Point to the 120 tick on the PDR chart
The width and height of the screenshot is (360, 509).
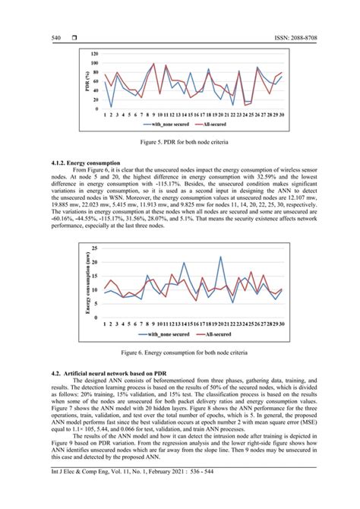(94, 55)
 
